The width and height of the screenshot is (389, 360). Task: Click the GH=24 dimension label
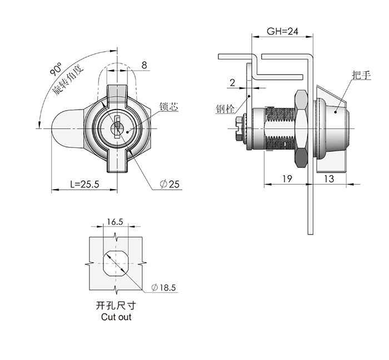pos(282,31)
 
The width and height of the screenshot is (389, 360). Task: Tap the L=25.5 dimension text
pos(84,184)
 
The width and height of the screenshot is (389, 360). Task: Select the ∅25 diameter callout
pos(169,184)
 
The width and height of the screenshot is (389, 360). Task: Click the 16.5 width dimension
pos(115,221)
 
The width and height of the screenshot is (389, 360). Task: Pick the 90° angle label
pos(56,69)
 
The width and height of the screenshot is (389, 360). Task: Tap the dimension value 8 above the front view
pos(144,65)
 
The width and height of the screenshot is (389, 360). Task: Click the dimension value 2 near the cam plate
pos(232,82)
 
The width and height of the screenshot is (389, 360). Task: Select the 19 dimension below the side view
pos(287,179)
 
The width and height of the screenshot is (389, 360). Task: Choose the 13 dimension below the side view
pos(329,179)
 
